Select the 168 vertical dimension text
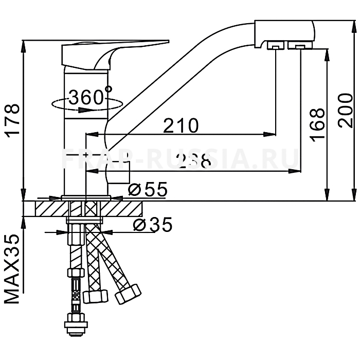point(318,124)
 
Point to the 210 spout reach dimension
point(180,125)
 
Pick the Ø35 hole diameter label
point(152,225)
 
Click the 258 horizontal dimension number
point(193,161)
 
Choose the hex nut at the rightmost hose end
point(128,294)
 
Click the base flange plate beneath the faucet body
point(86,197)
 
